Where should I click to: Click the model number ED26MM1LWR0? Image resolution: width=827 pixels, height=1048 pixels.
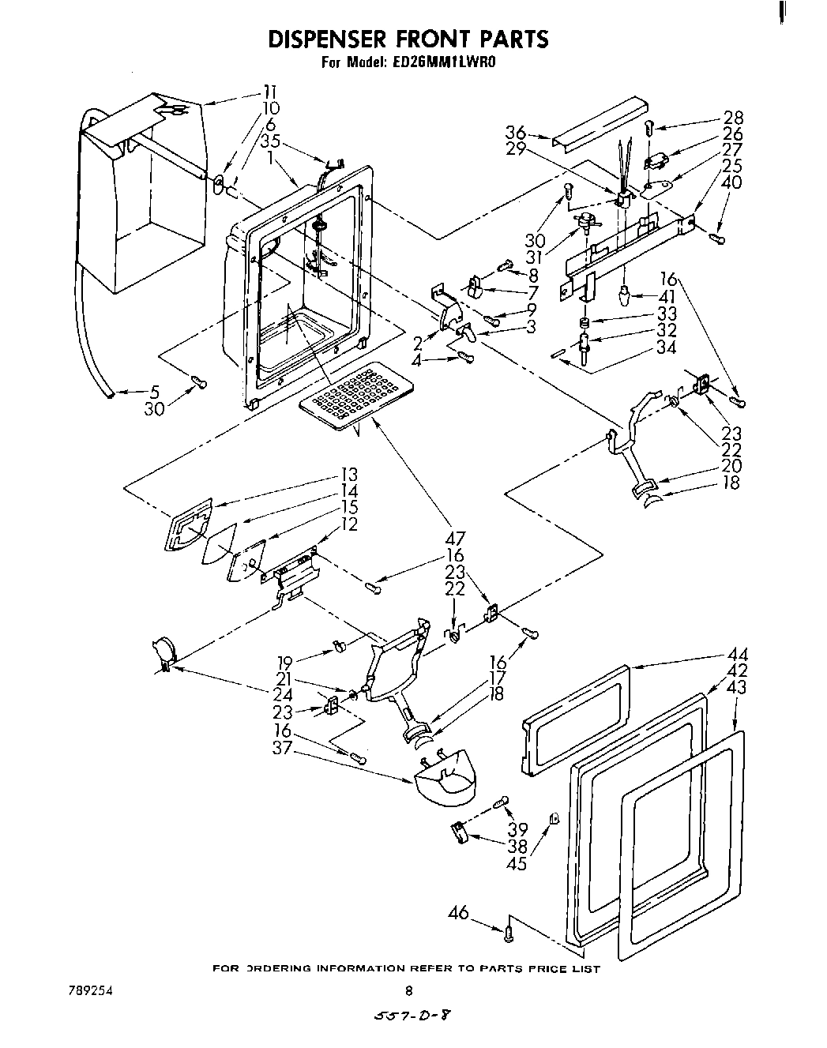pyautogui.click(x=443, y=64)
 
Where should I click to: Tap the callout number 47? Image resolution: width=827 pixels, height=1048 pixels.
pyautogui.click(x=454, y=540)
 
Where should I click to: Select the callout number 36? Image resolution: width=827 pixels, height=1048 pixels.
pyautogui.click(x=516, y=133)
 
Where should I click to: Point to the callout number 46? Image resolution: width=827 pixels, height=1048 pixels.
pyautogui.click(x=458, y=914)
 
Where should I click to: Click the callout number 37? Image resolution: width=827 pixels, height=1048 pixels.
pyautogui.click(x=282, y=747)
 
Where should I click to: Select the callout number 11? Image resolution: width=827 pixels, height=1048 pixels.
pyautogui.click(x=270, y=91)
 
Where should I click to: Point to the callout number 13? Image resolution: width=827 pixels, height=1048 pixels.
pyautogui.click(x=348, y=475)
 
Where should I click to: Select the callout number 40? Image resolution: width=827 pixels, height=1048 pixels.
pyautogui.click(x=732, y=182)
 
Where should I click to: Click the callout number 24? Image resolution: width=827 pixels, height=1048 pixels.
pyautogui.click(x=282, y=696)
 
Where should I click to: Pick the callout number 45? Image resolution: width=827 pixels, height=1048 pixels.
pyautogui.click(x=517, y=863)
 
